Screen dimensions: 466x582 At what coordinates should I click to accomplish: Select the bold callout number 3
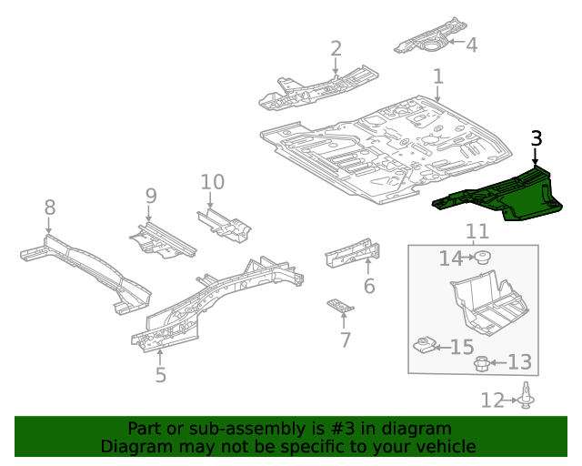point(536,138)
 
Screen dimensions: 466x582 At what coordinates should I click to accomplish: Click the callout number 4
point(470,44)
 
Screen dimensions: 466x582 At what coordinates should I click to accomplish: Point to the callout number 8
point(50,208)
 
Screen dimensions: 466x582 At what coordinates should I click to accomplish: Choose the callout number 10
point(212,182)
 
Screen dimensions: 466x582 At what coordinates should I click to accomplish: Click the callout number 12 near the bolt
point(491,400)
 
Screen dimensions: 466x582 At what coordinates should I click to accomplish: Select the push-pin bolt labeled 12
point(527,397)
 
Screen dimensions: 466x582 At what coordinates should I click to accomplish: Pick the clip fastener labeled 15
point(423,346)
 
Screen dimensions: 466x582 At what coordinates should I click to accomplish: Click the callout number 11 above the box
point(477,231)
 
